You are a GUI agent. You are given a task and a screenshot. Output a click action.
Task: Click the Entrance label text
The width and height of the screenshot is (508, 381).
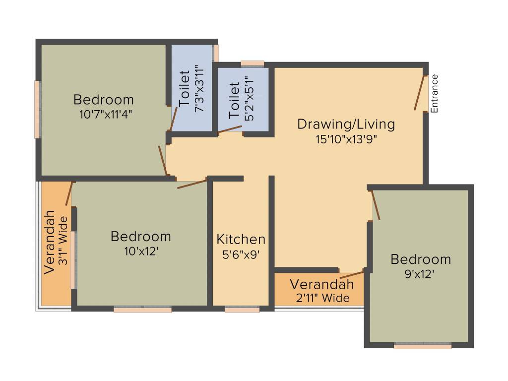pos(435,93)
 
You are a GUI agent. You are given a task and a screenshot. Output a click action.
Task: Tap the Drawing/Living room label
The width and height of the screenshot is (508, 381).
pos(346,124)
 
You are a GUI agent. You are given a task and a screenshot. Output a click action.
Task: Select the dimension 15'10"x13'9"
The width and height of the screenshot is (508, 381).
pos(347,139)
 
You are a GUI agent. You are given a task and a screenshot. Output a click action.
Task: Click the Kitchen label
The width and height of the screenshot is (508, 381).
pos(241,240)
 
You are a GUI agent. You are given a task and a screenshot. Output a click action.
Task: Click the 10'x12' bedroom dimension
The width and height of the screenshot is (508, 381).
pos(141,252)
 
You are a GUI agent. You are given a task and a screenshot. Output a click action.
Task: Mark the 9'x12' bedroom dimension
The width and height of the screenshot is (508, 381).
pos(420,274)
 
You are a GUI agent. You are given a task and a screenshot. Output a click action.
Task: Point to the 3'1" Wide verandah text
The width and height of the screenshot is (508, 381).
pos(63,241)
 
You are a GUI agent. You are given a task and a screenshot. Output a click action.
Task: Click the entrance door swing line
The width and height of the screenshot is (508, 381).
pos(420,93)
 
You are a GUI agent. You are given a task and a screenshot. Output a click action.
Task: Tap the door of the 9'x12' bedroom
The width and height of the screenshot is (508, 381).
pos(376,205)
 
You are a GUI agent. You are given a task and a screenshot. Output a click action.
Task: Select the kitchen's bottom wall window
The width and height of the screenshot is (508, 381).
pos(242,310)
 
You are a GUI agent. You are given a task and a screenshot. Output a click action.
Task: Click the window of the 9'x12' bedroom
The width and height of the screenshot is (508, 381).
pos(423,346)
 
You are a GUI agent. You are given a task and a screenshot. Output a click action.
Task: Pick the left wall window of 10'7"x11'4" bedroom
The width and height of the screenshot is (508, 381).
pos(37,109)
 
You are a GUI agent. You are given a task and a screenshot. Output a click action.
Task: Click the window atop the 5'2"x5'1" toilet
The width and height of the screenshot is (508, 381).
pos(253,63)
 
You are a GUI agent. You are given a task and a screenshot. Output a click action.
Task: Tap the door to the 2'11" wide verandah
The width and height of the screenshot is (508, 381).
pos(352,275)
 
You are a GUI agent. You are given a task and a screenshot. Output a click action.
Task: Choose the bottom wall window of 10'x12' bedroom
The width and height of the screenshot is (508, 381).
pos(142,310)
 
